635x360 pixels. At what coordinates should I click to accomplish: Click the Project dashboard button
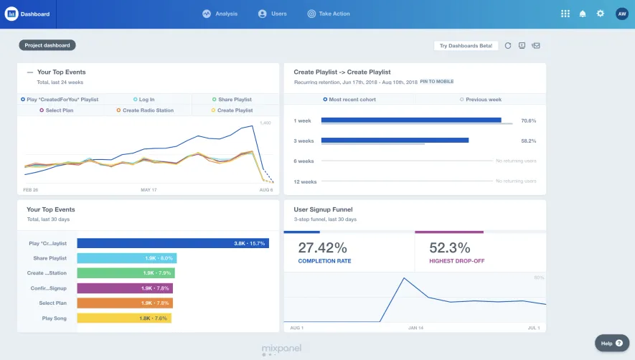coord(47,45)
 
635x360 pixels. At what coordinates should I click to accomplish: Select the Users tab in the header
coord(273,14)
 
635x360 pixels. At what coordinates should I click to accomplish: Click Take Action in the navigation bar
coord(329,14)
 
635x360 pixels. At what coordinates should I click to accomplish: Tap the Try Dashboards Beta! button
coord(466,45)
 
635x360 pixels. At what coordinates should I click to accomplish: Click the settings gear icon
coord(601,14)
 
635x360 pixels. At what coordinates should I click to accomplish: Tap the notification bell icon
coord(583,14)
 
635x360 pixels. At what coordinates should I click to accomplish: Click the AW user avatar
coord(621,14)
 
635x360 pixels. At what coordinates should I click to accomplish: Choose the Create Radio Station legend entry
coord(147,110)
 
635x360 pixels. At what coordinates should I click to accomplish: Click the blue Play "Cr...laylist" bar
coord(172,243)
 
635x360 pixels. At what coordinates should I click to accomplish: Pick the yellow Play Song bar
coord(124,318)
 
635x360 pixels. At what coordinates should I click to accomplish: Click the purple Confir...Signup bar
coord(125,288)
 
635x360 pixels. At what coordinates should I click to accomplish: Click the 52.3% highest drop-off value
coord(450,248)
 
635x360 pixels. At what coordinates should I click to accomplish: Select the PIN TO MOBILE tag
coord(437,82)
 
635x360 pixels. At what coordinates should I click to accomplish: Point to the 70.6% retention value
coord(528,120)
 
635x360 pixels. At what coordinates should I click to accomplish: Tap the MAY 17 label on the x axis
coord(149,190)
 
